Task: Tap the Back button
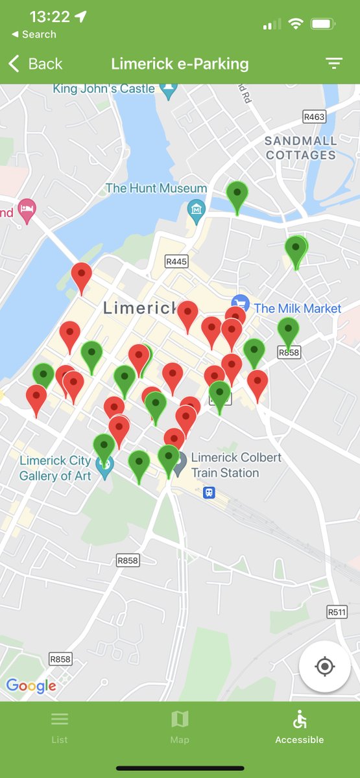(36, 64)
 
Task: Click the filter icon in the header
(333, 64)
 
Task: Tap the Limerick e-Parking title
(180, 64)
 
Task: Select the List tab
(60, 726)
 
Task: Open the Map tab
(180, 726)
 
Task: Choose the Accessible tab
(299, 726)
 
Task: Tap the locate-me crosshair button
(325, 666)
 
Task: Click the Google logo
(30, 685)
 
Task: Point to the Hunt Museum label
(156, 188)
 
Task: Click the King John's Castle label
(104, 88)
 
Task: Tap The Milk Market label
(297, 308)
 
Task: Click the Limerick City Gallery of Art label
(55, 467)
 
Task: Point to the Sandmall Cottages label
(301, 148)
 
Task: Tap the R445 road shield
(176, 262)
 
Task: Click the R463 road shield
(314, 117)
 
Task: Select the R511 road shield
(336, 611)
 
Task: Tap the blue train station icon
(209, 493)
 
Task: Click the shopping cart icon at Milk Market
(241, 303)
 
